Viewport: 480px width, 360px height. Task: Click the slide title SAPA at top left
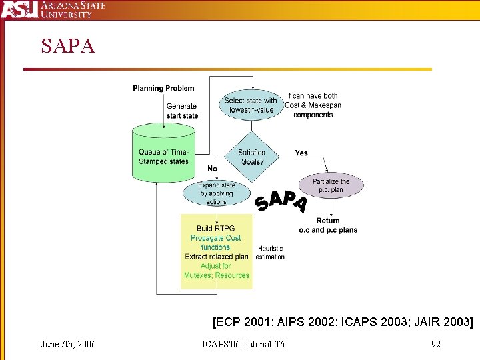coord(68,46)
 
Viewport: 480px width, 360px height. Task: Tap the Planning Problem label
coord(163,88)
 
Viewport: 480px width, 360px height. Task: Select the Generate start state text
coord(182,111)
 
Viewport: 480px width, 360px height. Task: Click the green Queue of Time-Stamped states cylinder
coord(163,156)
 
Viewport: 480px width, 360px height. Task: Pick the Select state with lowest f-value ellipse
coord(251,105)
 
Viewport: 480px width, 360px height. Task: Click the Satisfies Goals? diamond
coord(251,157)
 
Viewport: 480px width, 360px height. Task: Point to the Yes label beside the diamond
coord(301,153)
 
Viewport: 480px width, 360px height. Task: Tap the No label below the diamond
coord(212,169)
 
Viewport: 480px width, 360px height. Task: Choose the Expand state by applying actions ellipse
coord(216,193)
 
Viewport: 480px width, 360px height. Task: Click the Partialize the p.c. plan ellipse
coord(331,185)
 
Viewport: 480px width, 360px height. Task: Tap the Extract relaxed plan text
coord(216,257)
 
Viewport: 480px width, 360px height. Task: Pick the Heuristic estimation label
coord(270,253)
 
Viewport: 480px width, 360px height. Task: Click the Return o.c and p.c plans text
coord(327,225)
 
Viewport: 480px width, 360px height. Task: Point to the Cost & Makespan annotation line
coord(313,105)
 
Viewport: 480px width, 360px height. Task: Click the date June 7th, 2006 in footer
coord(68,344)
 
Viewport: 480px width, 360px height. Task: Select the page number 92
coord(436,344)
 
